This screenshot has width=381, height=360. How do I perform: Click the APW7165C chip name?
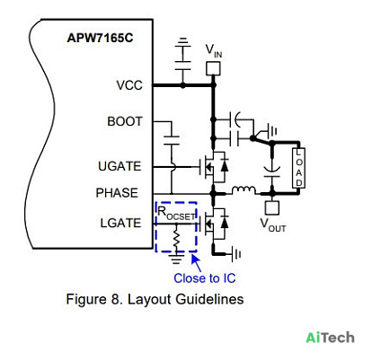[100, 38]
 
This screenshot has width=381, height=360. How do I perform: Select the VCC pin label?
[129, 85]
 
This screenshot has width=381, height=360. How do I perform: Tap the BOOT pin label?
[125, 121]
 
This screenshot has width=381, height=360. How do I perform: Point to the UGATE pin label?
[120, 166]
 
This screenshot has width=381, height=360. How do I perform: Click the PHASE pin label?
[117, 193]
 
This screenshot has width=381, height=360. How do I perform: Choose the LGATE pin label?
[120, 223]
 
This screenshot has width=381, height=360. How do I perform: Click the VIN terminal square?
[213, 68]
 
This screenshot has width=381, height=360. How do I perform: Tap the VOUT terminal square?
[272, 207]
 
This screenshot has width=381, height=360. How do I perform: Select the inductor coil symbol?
[244, 189]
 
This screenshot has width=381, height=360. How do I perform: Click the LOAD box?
[298, 168]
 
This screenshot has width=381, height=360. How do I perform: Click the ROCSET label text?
[176, 214]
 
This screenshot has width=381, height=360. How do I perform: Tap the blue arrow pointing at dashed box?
[196, 262]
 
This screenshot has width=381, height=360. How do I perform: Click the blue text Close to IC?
[205, 278]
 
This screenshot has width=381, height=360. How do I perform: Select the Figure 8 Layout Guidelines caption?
[155, 299]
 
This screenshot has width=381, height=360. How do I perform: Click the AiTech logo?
[330, 338]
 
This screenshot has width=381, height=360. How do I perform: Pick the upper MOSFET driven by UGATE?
[214, 166]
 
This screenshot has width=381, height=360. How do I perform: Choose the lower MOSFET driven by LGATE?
[214, 224]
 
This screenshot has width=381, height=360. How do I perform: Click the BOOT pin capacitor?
[172, 140]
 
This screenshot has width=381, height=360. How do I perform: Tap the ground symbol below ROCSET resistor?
[176, 258]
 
